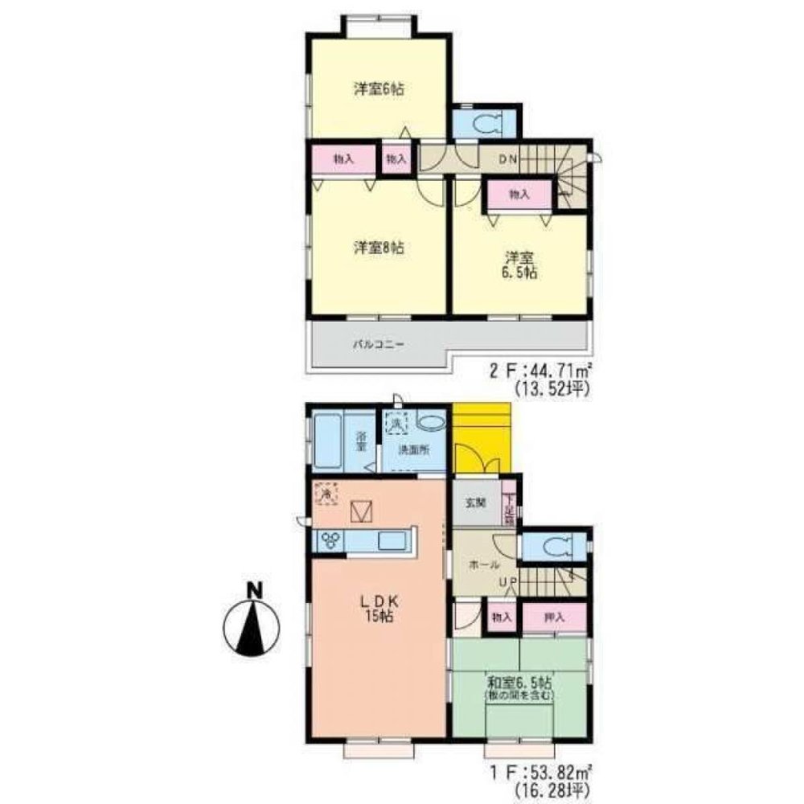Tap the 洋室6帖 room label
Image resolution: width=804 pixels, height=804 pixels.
[x=378, y=88]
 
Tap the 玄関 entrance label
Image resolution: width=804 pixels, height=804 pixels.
[x=475, y=503]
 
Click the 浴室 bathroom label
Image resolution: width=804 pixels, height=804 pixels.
[x=361, y=444]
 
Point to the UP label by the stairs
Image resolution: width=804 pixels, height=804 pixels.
[x=507, y=582]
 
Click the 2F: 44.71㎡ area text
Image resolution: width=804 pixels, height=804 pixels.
[x=540, y=372]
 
